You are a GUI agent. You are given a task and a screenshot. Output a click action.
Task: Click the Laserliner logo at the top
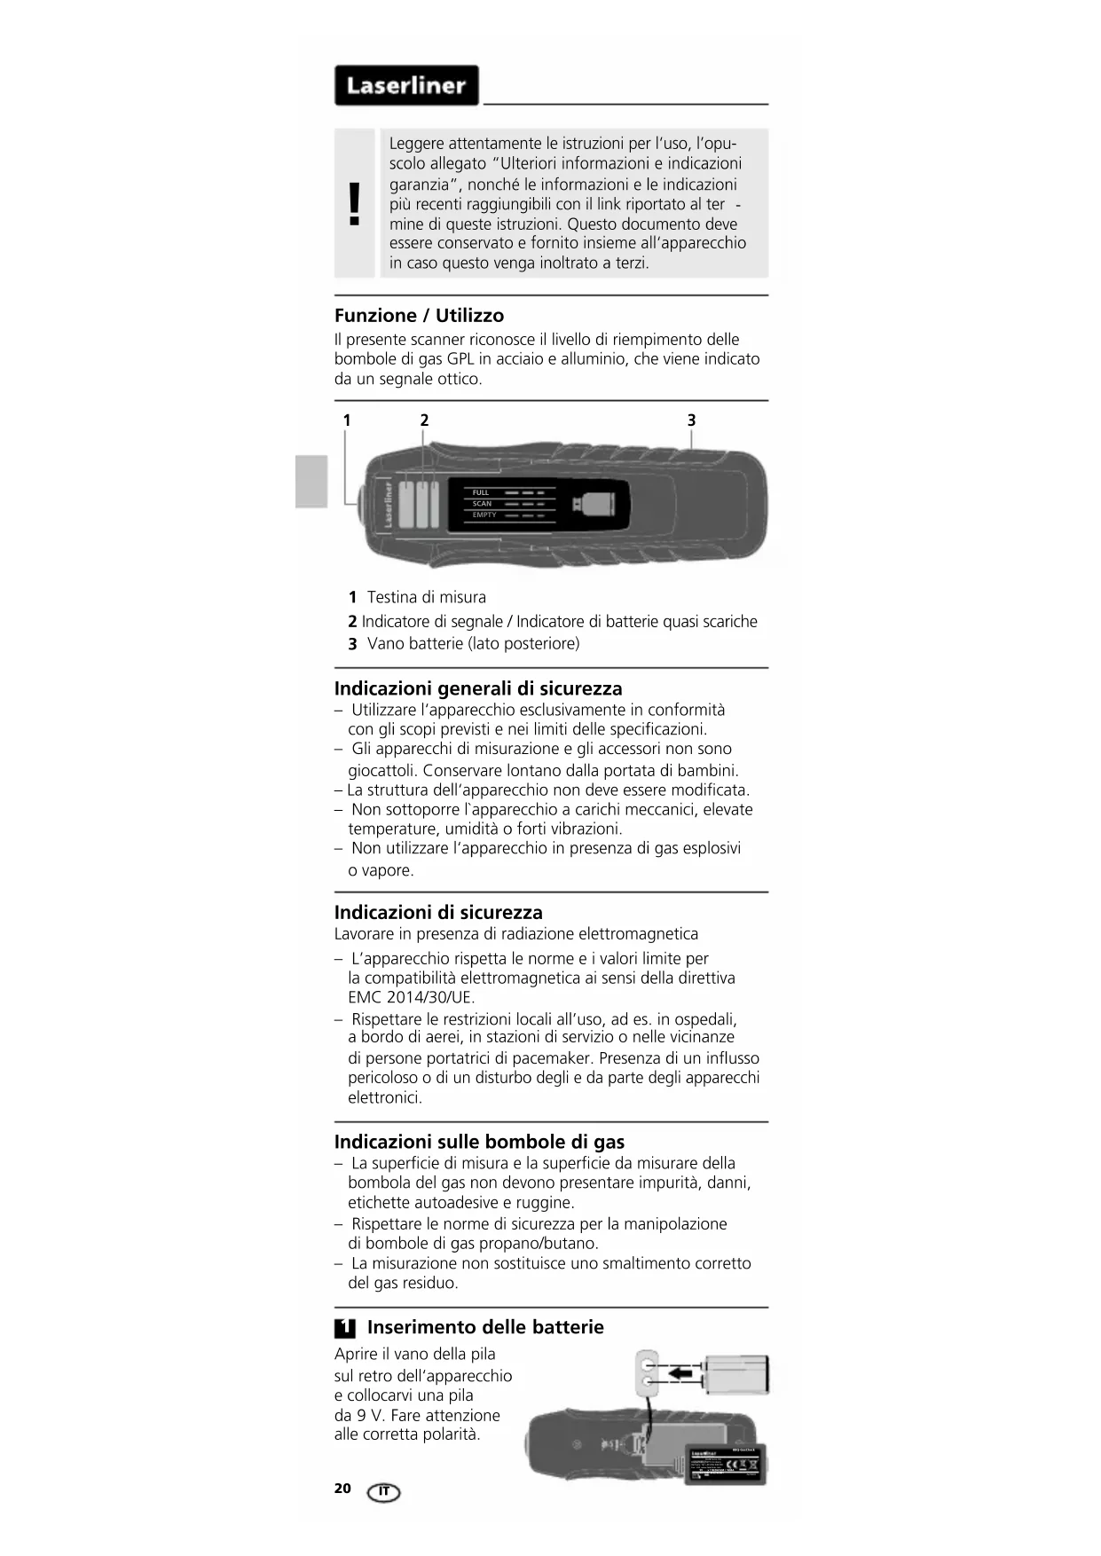pyautogui.click(x=406, y=85)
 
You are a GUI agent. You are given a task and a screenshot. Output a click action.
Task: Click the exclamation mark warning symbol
pyautogui.click(x=355, y=203)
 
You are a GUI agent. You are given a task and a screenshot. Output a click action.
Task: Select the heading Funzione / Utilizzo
pyautogui.click(x=419, y=315)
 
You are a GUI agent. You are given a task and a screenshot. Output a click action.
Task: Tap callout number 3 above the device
pyautogui.click(x=691, y=420)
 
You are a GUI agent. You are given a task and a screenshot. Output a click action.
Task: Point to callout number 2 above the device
pyautogui.click(x=424, y=420)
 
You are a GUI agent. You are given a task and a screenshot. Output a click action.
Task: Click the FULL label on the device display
pyautogui.click(x=481, y=492)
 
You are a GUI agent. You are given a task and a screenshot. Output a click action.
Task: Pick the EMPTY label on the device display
pyautogui.click(x=484, y=515)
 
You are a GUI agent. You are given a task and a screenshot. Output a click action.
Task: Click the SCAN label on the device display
pyautogui.click(x=482, y=504)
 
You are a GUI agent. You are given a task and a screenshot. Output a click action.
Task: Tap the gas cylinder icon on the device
pyautogui.click(x=594, y=505)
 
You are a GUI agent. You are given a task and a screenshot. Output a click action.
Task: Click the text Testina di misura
pyautogui.click(x=427, y=597)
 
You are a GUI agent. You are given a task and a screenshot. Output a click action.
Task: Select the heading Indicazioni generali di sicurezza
pyautogui.click(x=478, y=688)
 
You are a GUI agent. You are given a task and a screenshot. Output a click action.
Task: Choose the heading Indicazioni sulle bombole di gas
pyautogui.click(x=479, y=1142)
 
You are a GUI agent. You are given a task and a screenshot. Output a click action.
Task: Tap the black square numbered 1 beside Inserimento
pyautogui.click(x=345, y=1328)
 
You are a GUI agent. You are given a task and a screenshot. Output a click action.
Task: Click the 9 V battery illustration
pyautogui.click(x=735, y=1374)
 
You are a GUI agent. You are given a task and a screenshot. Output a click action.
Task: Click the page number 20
pyautogui.click(x=342, y=1489)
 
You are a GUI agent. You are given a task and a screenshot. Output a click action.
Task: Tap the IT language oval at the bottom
pyautogui.click(x=383, y=1492)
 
